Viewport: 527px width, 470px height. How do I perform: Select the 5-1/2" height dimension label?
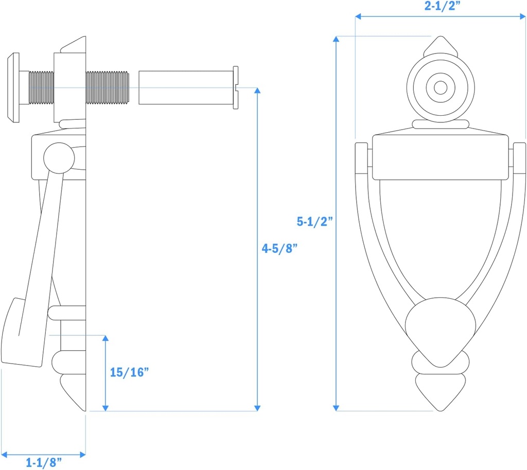tap(315, 222)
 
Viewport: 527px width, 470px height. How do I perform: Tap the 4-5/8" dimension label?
tap(280, 249)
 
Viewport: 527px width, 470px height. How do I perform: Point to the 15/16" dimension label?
tap(129, 372)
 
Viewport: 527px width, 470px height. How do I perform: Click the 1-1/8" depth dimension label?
tap(44, 462)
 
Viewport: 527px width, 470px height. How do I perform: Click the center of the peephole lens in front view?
tap(441, 88)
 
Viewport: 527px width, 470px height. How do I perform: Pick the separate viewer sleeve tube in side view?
tap(185, 88)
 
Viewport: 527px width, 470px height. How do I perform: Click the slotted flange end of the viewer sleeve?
tap(236, 88)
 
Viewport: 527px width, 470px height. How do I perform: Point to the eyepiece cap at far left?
tap(13, 88)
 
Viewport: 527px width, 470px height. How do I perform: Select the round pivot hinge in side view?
tap(57, 158)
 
